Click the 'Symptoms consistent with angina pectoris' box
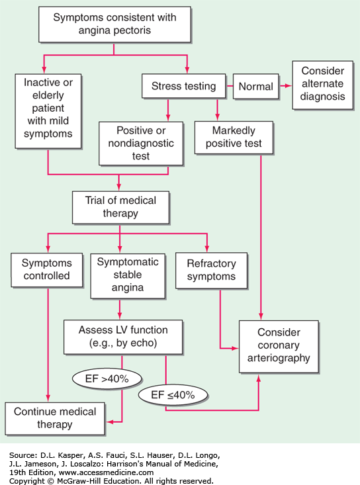[x=114, y=24]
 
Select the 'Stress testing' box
[x=184, y=86]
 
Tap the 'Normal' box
[x=256, y=86]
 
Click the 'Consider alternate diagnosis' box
[x=322, y=85]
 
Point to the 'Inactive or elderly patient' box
[x=48, y=111]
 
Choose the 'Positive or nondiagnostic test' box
[x=141, y=144]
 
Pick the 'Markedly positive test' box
[x=234, y=138]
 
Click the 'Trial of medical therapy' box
[x=120, y=207]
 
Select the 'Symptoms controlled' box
[x=47, y=270]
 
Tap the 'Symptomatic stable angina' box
[x=128, y=276]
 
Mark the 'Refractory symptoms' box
[x=212, y=271]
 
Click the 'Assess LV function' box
[x=123, y=337]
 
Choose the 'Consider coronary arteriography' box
[x=279, y=347]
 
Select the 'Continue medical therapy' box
[x=55, y=418]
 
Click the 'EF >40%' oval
[x=107, y=378]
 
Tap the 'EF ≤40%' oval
[x=173, y=395]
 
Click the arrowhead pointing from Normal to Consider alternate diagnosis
[x=288, y=85]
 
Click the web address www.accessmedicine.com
[x=106, y=472]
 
